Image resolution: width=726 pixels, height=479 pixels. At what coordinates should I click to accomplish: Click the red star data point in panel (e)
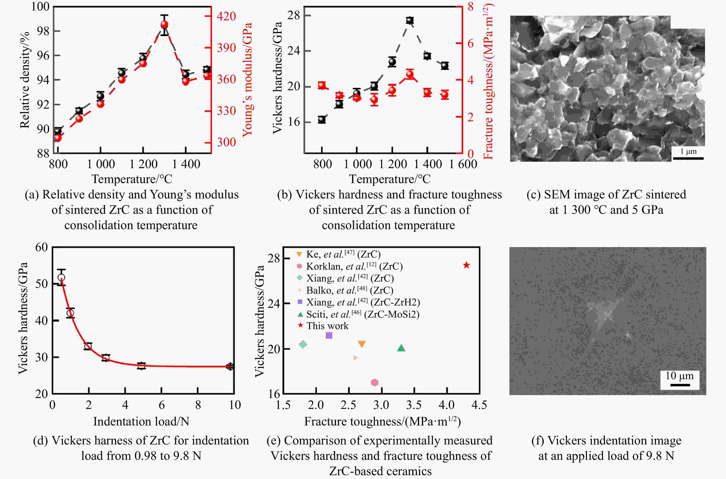[x=466, y=265]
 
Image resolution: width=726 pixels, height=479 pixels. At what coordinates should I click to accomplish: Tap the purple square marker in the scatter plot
[x=329, y=335]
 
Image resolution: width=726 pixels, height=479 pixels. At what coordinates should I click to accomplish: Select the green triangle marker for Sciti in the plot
[x=401, y=348]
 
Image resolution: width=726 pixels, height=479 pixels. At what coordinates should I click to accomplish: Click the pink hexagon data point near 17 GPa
[x=375, y=382]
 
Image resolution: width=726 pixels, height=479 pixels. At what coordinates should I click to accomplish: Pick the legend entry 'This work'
[x=327, y=326]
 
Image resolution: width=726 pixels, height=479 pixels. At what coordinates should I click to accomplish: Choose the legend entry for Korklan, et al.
[x=354, y=266]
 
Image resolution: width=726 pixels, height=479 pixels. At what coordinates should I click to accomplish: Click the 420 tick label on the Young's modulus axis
[x=226, y=16]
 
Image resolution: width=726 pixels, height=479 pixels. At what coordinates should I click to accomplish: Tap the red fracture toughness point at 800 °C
[x=322, y=86]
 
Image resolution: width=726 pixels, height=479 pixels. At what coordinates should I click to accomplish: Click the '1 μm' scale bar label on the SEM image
[x=688, y=151]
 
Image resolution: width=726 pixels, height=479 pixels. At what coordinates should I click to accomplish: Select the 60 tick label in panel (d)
[x=41, y=247]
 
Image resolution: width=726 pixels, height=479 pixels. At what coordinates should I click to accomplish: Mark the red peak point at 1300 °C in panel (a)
[x=164, y=25]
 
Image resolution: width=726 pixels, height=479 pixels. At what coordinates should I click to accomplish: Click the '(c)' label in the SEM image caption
[x=533, y=195]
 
